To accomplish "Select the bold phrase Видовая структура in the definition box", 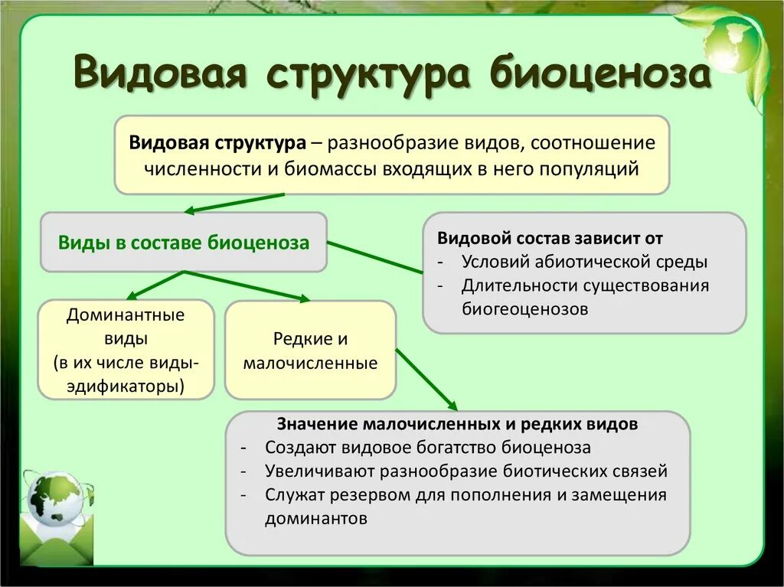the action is [x=217, y=143].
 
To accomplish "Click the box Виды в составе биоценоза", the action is [x=184, y=243].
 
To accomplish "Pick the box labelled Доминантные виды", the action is [x=126, y=349].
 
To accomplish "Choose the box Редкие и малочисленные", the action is [x=310, y=351].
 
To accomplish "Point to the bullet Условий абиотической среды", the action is [x=584, y=262].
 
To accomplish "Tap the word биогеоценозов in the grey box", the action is [x=525, y=309].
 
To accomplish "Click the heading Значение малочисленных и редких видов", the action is [x=457, y=424].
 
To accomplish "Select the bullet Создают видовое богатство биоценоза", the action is [x=428, y=448].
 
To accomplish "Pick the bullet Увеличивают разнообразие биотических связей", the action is [x=466, y=471].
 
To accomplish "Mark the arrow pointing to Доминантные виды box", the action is [x=153, y=284].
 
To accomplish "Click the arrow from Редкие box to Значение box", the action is [x=426, y=380].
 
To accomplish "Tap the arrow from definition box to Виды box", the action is [x=234, y=203].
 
